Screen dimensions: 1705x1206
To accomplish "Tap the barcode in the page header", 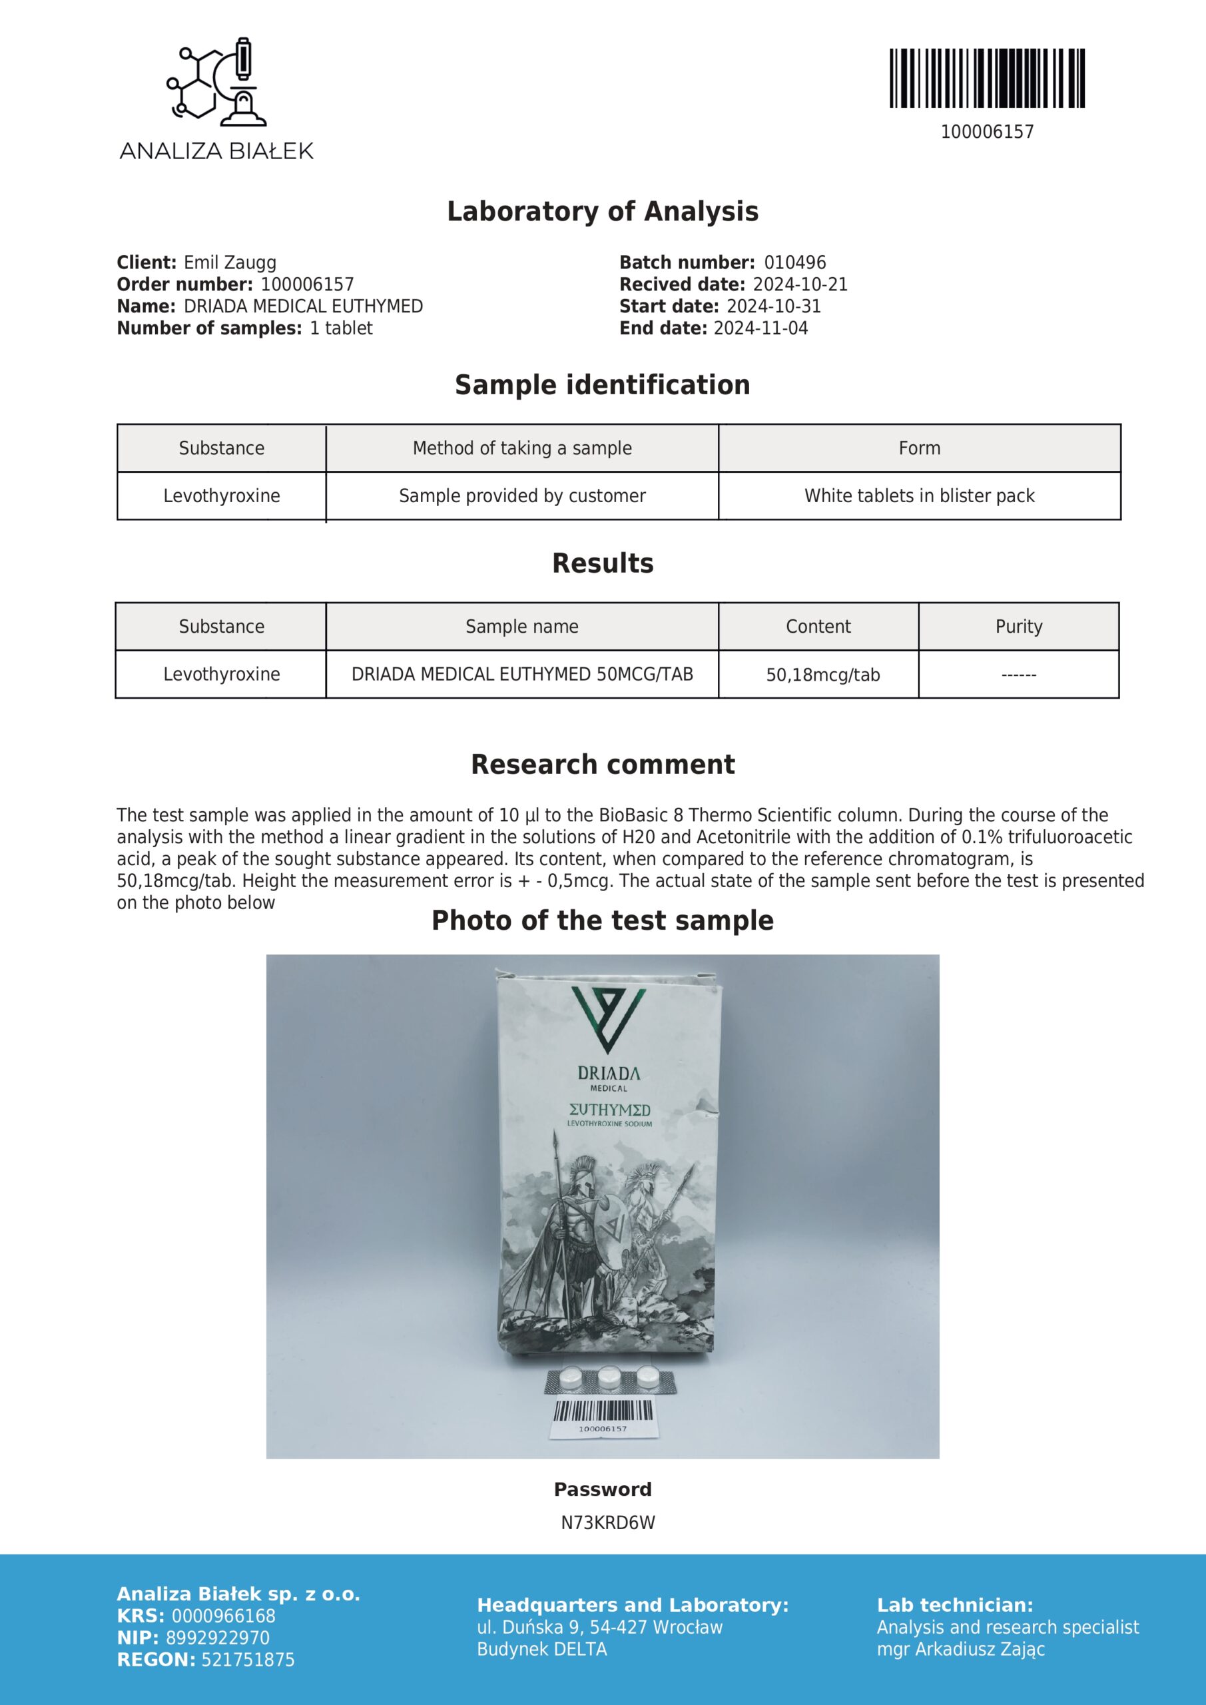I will pyautogui.click(x=987, y=79).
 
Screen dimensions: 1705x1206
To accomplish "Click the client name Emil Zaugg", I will pyautogui.click(x=230, y=263).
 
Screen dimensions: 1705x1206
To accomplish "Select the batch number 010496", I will pyautogui.click(x=794, y=263).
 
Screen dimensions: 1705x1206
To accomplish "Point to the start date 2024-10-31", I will pyautogui.click(x=773, y=306).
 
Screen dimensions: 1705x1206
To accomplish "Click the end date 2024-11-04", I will pyautogui.click(x=760, y=328).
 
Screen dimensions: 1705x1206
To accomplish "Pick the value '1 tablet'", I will pyautogui.click(x=341, y=328).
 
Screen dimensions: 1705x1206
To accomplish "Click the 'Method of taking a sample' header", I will pyautogui.click(x=522, y=448).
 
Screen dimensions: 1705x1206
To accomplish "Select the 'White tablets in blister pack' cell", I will pyautogui.click(x=920, y=496).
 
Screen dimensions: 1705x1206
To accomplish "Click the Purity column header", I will pyautogui.click(x=1019, y=627).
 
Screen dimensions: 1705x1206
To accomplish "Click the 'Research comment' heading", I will pyautogui.click(x=603, y=765).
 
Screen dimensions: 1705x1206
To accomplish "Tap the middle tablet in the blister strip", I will pyautogui.click(x=610, y=1379).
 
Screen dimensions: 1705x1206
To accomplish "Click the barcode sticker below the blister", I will pyautogui.click(x=603, y=1415).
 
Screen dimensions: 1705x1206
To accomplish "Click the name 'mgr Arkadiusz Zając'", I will pyautogui.click(x=961, y=1649).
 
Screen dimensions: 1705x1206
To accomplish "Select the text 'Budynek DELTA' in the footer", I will pyautogui.click(x=542, y=1649).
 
